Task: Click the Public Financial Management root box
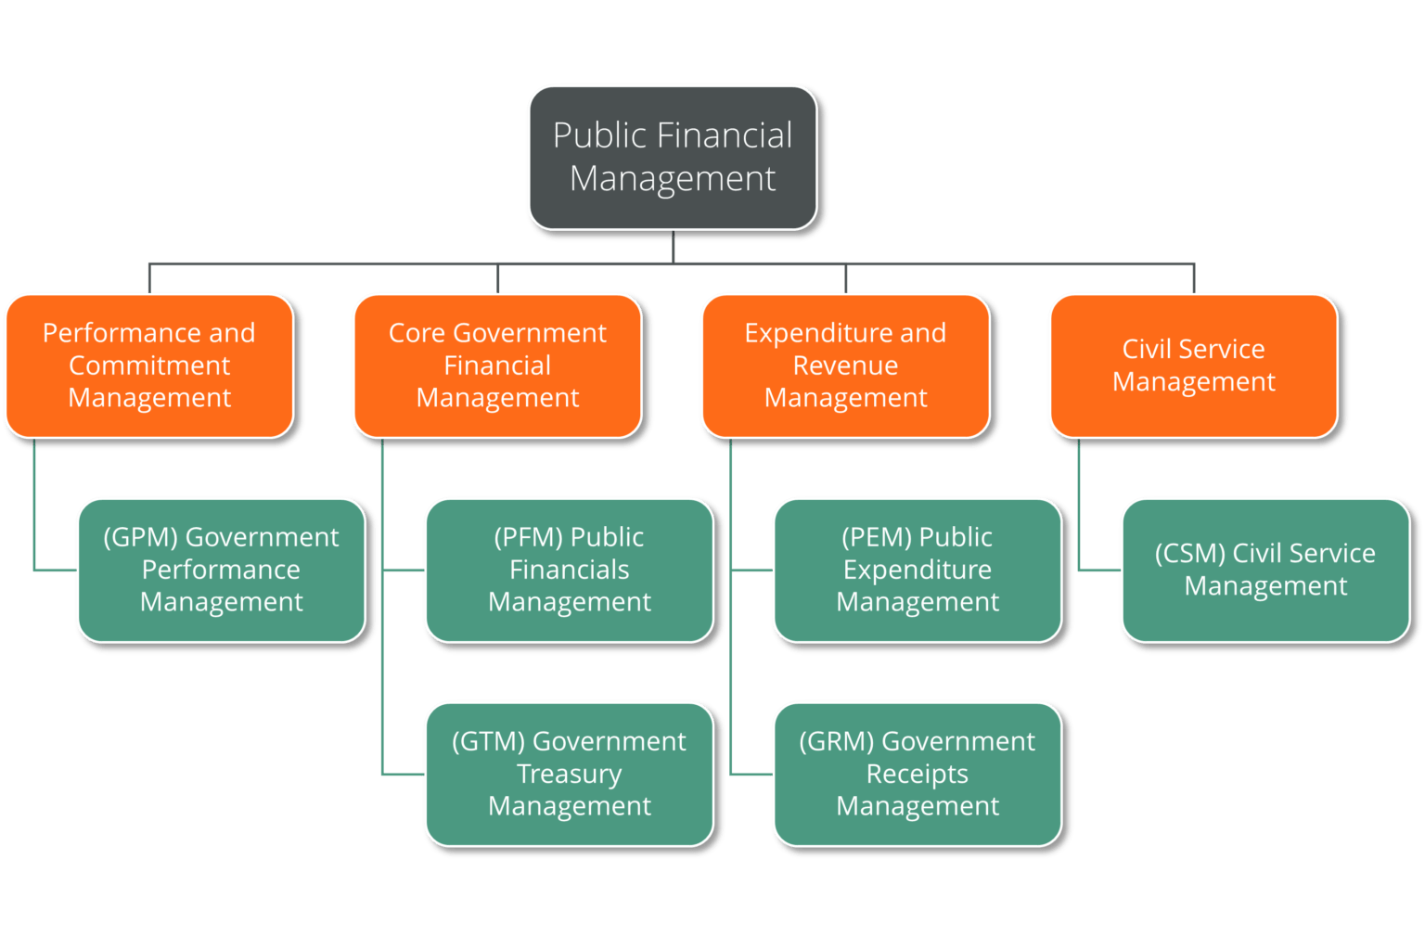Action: (x=673, y=157)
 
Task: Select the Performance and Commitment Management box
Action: (x=149, y=365)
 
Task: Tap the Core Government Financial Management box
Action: (x=497, y=365)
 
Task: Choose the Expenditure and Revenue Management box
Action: (x=845, y=365)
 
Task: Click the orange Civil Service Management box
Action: (x=1193, y=365)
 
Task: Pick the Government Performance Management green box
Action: (x=221, y=570)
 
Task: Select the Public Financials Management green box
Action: (x=569, y=570)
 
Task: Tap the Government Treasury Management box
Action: (x=569, y=774)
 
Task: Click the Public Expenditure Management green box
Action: (x=917, y=570)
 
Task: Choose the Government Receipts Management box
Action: (x=917, y=774)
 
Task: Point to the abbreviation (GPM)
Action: (x=140, y=537)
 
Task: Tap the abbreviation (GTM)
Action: (x=488, y=741)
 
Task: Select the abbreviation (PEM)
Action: (x=877, y=537)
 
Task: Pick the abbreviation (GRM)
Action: (x=836, y=741)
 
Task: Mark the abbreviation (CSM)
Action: (x=1189, y=554)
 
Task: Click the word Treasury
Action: (x=569, y=774)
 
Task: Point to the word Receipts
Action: (x=917, y=774)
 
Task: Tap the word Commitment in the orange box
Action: (x=149, y=365)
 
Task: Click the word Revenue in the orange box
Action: (x=845, y=365)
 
